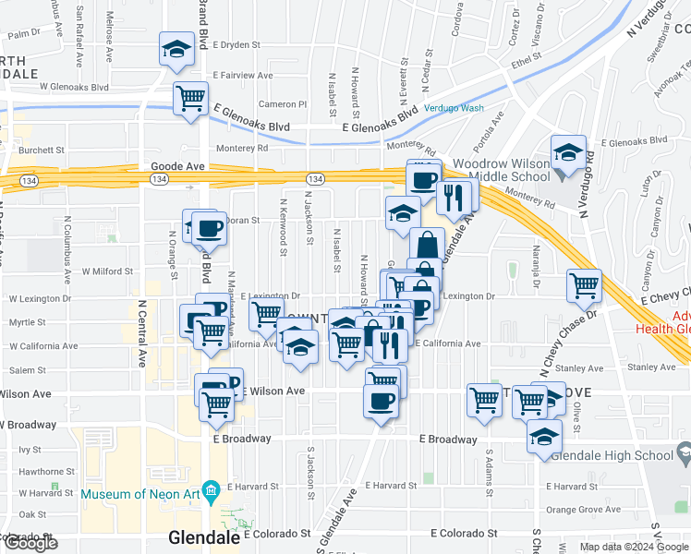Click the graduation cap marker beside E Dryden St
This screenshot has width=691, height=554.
click(x=176, y=49)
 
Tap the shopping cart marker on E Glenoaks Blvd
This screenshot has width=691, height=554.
click(x=190, y=98)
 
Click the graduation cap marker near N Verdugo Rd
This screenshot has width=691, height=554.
click(x=569, y=152)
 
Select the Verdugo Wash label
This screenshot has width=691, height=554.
click(x=455, y=107)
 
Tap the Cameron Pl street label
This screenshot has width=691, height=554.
click(x=282, y=104)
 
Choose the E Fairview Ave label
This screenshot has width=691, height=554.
click(x=243, y=75)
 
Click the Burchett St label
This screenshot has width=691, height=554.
click(x=42, y=149)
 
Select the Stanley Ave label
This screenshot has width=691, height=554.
click(x=652, y=367)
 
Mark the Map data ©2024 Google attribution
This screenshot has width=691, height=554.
click(x=633, y=547)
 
